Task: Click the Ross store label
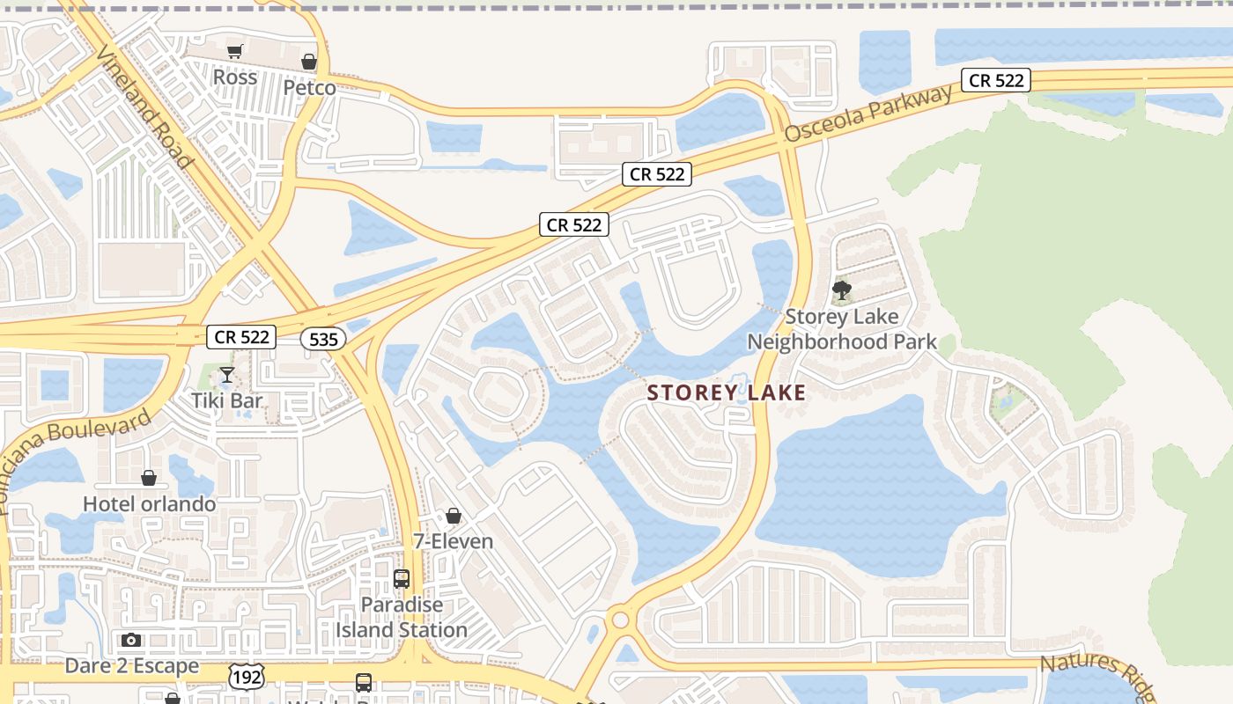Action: tap(235, 77)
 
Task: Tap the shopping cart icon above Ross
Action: tap(234, 52)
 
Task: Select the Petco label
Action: tap(309, 88)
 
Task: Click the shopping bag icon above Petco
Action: tap(309, 62)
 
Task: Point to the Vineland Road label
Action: tap(144, 106)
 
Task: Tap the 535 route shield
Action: tap(323, 339)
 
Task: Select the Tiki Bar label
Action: tap(227, 400)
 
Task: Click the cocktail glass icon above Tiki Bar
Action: tap(227, 376)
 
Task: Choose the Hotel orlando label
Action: tap(149, 504)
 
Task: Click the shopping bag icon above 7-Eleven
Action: tap(454, 516)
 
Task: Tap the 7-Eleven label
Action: tap(454, 541)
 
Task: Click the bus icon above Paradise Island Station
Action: tap(402, 579)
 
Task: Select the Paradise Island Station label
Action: tap(402, 618)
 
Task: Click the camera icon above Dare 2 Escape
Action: tap(131, 640)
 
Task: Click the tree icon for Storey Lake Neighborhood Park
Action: tap(842, 290)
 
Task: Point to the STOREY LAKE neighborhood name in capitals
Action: tap(727, 392)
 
